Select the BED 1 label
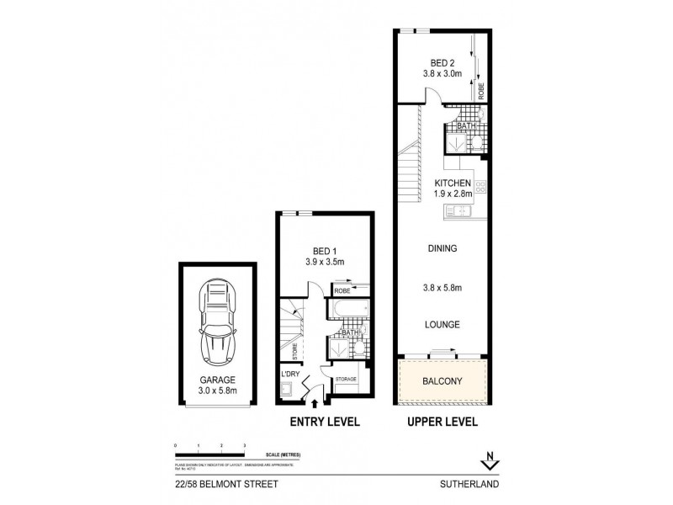pos(321,251)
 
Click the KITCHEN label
pos(453,183)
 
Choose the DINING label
pos(441,249)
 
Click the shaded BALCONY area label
pos(441,379)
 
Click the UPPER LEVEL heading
pos(442,422)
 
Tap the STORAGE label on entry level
pos(346,380)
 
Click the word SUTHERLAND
pos(473,485)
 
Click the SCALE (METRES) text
pos(284,454)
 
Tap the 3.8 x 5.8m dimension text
pos(441,286)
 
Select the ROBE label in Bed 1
pos(342,291)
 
